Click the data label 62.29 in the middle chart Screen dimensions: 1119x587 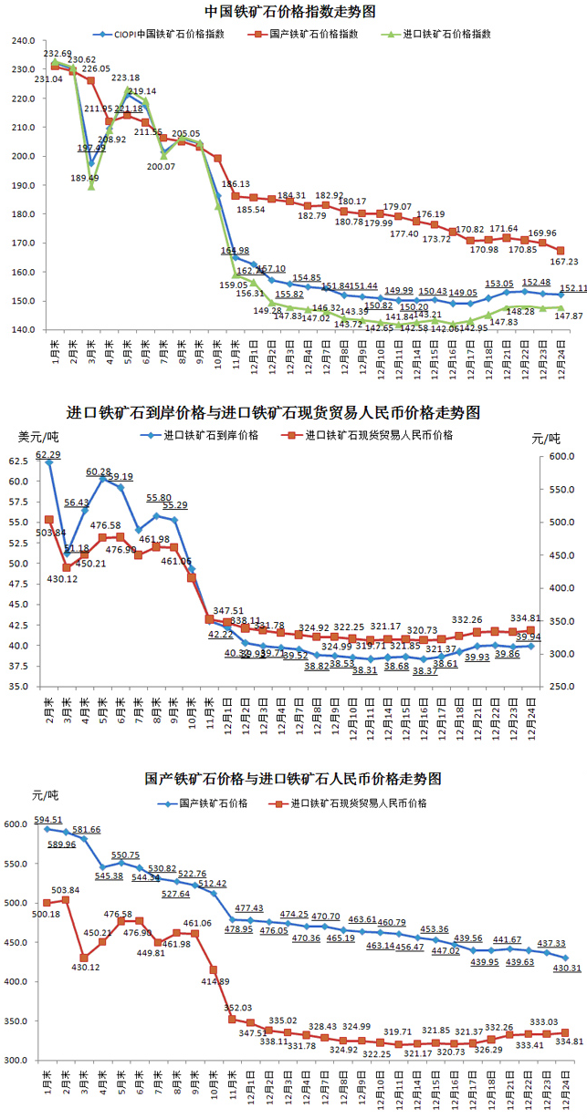[x=48, y=454]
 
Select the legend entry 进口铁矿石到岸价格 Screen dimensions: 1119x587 [x=210, y=435]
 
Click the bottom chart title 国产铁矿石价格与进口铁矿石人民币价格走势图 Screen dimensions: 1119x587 [x=292, y=780]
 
